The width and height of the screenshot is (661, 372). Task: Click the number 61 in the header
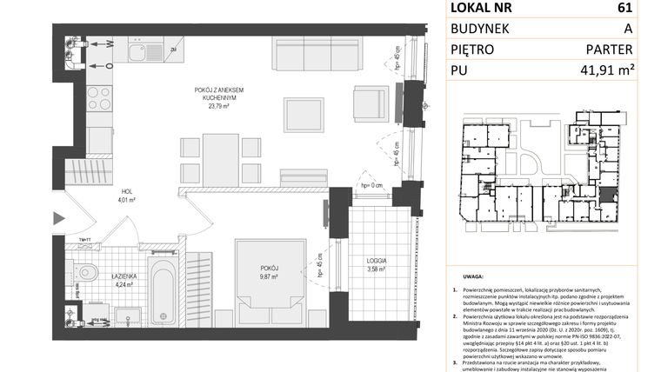(623, 9)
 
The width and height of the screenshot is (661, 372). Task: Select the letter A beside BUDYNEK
(627, 29)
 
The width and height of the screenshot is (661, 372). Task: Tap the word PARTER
(611, 50)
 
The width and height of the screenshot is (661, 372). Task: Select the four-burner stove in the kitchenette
(100, 96)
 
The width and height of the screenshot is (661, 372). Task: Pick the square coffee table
(304, 112)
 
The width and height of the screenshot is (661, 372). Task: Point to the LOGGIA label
(376, 260)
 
